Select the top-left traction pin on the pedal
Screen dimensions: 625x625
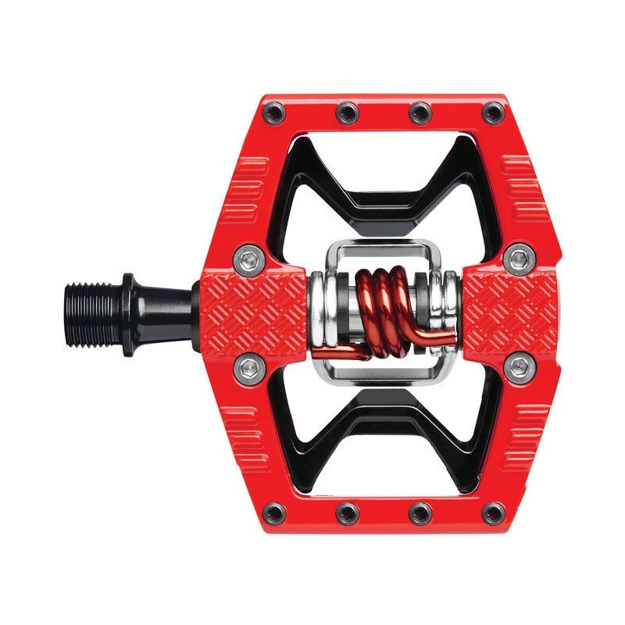[x=273, y=114]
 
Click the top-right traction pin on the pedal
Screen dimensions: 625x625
[x=492, y=114]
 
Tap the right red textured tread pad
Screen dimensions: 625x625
[x=512, y=309]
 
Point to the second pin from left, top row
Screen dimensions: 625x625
[x=346, y=114]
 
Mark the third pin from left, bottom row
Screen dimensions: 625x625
[x=420, y=512]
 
